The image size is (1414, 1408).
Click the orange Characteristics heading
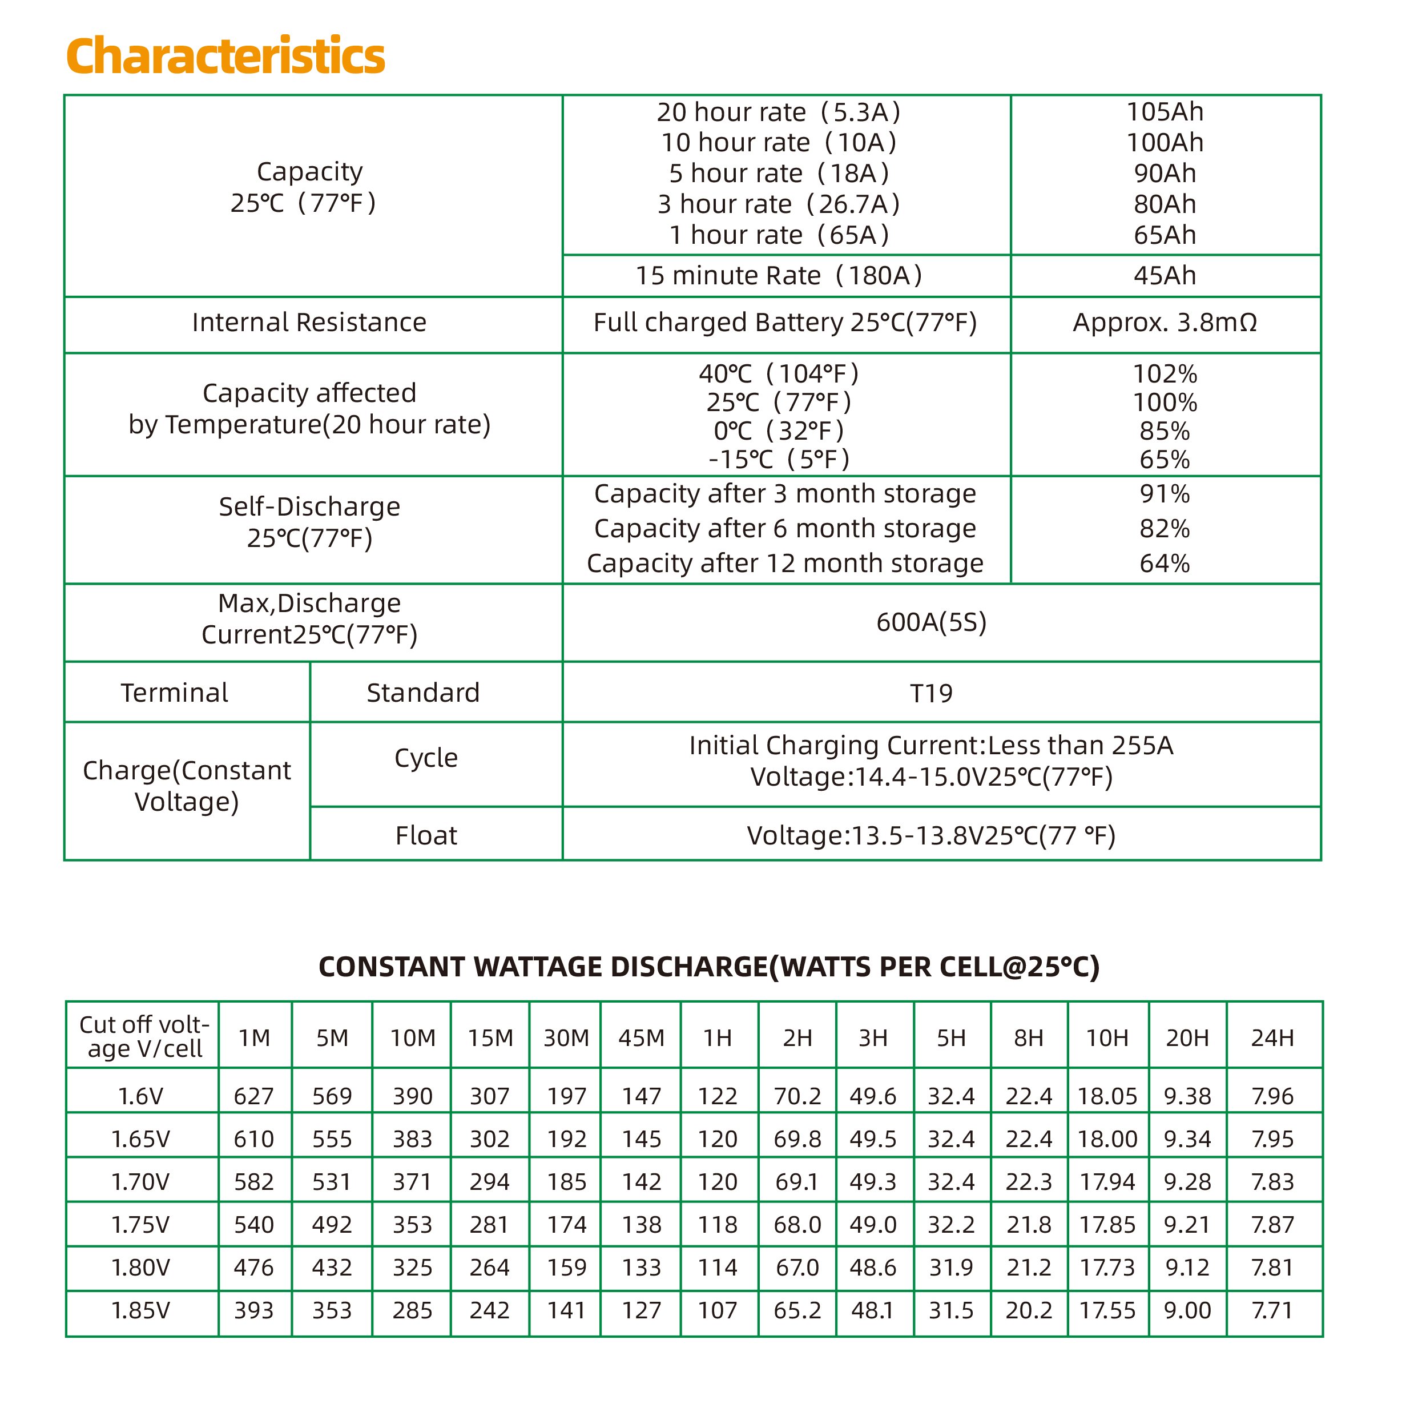(225, 57)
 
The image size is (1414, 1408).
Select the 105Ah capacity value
(1164, 112)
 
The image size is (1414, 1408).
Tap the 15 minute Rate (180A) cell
(778, 275)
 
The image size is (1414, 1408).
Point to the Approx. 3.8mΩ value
(1164, 322)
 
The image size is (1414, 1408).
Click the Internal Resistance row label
(309, 322)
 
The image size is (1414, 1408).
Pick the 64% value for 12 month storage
(1164, 563)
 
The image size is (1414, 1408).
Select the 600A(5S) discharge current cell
(931, 622)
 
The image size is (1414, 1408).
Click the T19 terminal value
(931, 693)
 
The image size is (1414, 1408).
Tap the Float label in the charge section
(426, 835)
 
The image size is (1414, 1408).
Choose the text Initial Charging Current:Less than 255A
(931, 745)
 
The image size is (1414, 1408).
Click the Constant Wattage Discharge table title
(708, 967)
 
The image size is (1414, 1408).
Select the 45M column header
(641, 1037)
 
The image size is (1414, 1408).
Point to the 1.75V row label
(140, 1224)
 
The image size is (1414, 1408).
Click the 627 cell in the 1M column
(253, 1096)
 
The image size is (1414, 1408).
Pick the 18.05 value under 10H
(1107, 1096)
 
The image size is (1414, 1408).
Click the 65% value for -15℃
(1164, 459)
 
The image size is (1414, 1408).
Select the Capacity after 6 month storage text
(784, 529)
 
